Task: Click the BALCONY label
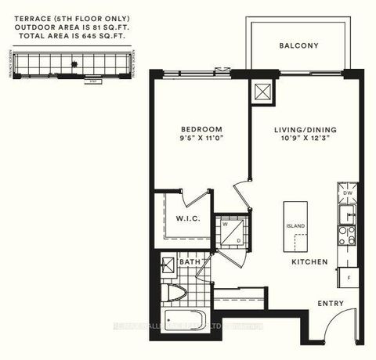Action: (298, 46)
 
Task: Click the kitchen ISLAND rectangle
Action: (295, 225)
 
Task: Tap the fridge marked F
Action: (346, 277)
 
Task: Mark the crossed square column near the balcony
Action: (259, 92)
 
